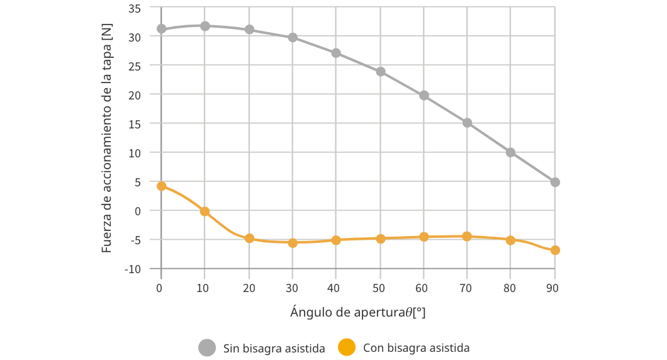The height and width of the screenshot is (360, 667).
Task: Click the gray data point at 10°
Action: pos(205,26)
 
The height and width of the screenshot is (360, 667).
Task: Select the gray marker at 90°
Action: pos(555,182)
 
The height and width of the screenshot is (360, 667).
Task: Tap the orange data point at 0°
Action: pos(161,186)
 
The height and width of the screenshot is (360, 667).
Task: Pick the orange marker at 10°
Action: pos(205,211)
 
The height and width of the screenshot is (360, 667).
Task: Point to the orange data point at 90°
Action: pos(555,250)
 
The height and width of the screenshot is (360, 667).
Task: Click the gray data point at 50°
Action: pos(381,71)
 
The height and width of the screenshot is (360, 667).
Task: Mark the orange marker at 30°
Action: pos(293,242)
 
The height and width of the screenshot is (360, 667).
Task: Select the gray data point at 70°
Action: pos(468,123)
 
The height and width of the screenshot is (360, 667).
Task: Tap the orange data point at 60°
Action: pos(424,237)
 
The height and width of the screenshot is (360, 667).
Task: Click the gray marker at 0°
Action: pos(161,28)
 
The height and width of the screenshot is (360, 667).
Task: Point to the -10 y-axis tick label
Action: pos(133,269)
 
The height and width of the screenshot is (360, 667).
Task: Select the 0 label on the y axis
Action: pos(138,211)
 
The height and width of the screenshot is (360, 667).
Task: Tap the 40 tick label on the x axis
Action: pos(335,288)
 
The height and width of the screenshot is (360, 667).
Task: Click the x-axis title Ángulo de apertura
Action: pos(358,312)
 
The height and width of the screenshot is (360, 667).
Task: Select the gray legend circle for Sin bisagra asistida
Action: pos(207,347)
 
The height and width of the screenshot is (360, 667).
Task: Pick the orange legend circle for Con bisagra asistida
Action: pos(347,347)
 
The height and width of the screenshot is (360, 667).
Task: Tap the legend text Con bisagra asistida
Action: pos(417,348)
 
